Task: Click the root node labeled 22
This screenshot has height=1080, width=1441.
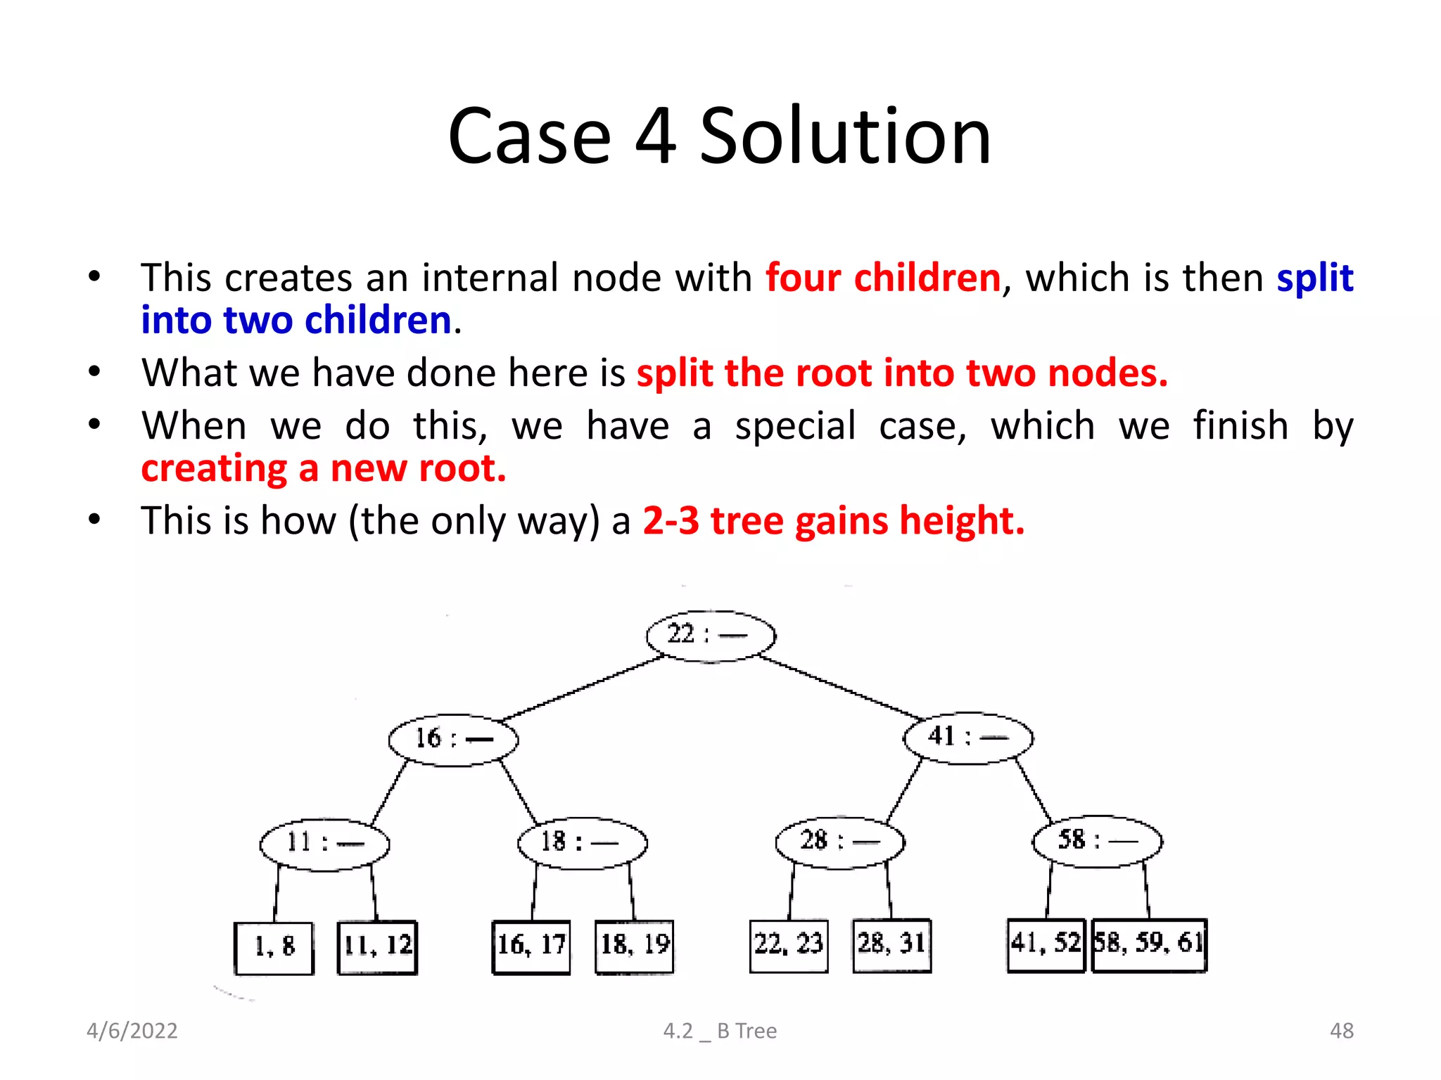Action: point(711,636)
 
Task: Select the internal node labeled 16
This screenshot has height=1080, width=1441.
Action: point(453,739)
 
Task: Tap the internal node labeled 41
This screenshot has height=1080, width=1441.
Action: point(968,737)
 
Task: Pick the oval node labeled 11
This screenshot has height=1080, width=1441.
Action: point(324,843)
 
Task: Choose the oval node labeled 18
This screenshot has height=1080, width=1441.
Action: point(582,842)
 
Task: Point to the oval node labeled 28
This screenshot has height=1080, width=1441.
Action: point(839,841)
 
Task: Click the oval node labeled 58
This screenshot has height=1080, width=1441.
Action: point(1097,840)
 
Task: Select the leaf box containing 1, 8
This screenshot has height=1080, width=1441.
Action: point(274,947)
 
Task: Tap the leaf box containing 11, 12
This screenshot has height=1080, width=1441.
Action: point(377,946)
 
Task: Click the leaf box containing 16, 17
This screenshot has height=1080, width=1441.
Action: point(531,946)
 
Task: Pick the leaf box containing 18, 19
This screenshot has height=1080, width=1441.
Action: point(634,946)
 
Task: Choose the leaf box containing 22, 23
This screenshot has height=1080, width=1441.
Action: point(789,945)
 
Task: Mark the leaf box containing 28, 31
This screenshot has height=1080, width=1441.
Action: point(891,944)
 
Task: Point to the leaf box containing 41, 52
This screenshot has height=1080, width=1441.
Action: point(1046,944)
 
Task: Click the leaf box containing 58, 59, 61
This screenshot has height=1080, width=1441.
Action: point(1149,944)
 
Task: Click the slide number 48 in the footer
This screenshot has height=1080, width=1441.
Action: point(1341,1031)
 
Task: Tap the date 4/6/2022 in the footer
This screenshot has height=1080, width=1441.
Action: point(132,1031)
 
